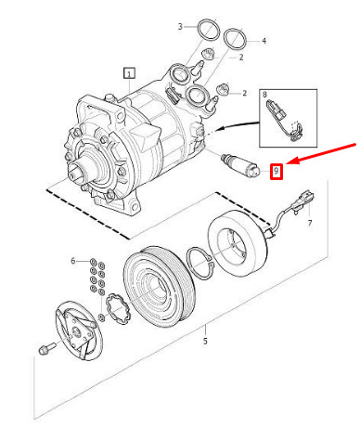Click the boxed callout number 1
click(x=129, y=73)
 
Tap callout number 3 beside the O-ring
click(x=180, y=27)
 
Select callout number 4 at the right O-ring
click(x=264, y=41)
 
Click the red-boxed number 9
click(x=276, y=171)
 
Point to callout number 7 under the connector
click(x=310, y=223)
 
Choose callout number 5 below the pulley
click(x=205, y=342)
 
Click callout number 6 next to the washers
click(x=73, y=261)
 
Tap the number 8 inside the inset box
click(x=264, y=95)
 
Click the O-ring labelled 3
click(x=208, y=29)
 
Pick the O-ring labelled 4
click(x=236, y=38)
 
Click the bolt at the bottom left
click(x=46, y=348)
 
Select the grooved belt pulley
click(x=160, y=285)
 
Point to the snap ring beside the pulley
click(x=200, y=264)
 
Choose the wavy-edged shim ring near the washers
click(x=118, y=308)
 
